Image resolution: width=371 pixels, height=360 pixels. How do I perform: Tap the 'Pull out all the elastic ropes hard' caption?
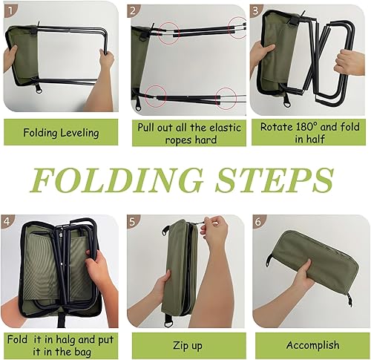pyautogui.click(x=189, y=134)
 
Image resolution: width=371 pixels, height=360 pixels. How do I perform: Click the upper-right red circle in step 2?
pyautogui.click(x=238, y=27)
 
